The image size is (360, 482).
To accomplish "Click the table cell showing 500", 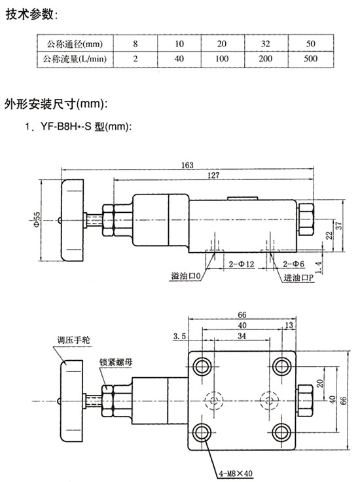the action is click(x=310, y=58).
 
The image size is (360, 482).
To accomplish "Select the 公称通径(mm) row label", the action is click(x=75, y=44).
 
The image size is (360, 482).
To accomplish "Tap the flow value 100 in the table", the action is click(x=222, y=58).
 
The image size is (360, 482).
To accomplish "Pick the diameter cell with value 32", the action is click(x=265, y=44).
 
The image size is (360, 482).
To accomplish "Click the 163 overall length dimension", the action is click(x=187, y=165).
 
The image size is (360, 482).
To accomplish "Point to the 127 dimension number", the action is click(x=213, y=176).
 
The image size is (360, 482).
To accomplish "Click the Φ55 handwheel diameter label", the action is click(x=37, y=219).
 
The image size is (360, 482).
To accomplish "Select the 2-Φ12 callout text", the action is click(x=242, y=264).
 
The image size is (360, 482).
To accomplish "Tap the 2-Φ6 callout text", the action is click(x=293, y=264).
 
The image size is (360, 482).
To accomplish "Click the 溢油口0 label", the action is click(x=186, y=276).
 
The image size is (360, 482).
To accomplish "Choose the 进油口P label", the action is click(x=298, y=278).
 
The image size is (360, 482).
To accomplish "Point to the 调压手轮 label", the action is click(x=74, y=341).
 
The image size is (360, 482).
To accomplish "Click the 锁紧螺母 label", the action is click(x=116, y=361).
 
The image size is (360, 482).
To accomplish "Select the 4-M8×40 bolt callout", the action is click(x=236, y=473).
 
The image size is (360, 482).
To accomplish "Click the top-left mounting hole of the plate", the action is click(x=202, y=367).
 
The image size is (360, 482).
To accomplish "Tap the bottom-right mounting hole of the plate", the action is click(x=281, y=432).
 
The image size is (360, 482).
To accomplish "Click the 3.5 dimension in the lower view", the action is click(x=179, y=337).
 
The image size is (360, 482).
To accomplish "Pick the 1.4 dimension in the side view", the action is click(x=319, y=267).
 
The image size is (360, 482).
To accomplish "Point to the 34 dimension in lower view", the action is click(x=242, y=336).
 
